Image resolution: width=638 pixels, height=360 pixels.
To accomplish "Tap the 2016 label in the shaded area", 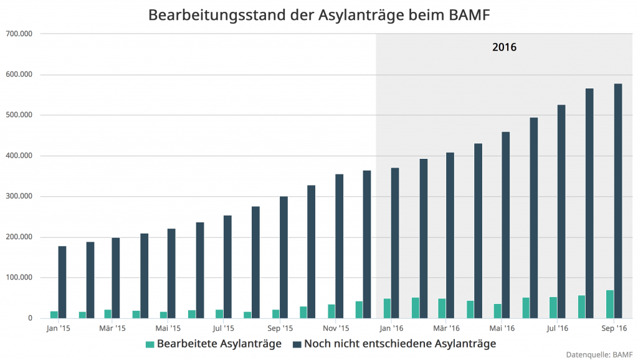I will (x=504, y=47).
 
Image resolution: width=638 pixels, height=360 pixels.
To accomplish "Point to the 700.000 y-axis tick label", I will (x=18, y=34).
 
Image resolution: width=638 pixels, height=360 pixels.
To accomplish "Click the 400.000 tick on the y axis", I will (x=18, y=156).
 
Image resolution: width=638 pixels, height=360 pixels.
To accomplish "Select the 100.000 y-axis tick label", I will (x=18, y=278).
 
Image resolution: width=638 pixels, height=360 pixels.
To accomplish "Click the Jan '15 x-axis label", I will (x=58, y=328).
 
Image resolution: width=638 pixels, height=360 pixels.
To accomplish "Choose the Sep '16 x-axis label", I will (x=614, y=328).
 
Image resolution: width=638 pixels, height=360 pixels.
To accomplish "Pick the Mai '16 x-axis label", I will (x=502, y=328).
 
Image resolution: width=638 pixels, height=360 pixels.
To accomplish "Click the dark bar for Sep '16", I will (x=618, y=201).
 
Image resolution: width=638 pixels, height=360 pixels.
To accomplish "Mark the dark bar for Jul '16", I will (x=561, y=212).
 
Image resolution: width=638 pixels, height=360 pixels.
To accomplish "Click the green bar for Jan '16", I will (x=388, y=308).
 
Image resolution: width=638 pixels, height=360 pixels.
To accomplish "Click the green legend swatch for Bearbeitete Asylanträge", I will (x=149, y=344).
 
